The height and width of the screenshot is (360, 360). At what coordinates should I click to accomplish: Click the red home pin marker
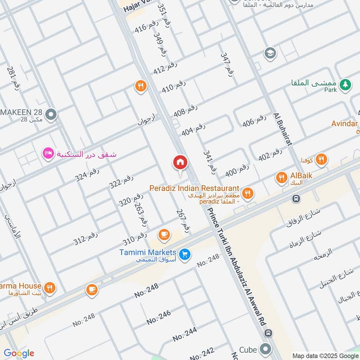[x=180, y=162]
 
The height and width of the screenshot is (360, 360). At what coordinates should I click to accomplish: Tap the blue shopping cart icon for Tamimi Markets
[x=184, y=255]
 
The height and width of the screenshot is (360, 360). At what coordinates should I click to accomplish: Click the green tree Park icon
[x=345, y=84]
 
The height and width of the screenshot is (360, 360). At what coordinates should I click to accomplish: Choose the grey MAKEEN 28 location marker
[x=51, y=115]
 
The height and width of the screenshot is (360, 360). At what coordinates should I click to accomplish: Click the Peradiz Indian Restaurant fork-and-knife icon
[x=247, y=193]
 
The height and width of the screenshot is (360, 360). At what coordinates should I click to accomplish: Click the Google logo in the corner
[x=19, y=353]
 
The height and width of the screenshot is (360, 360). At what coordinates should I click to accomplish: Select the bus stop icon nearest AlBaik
[x=296, y=198]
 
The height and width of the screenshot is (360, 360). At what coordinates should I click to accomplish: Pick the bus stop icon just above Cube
[x=269, y=333]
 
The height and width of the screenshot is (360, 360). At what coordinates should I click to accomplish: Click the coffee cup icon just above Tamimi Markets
[x=164, y=234]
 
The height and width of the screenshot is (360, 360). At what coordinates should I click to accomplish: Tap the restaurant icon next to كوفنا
[x=321, y=158]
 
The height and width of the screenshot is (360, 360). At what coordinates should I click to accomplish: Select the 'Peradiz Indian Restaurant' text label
[x=194, y=188]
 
